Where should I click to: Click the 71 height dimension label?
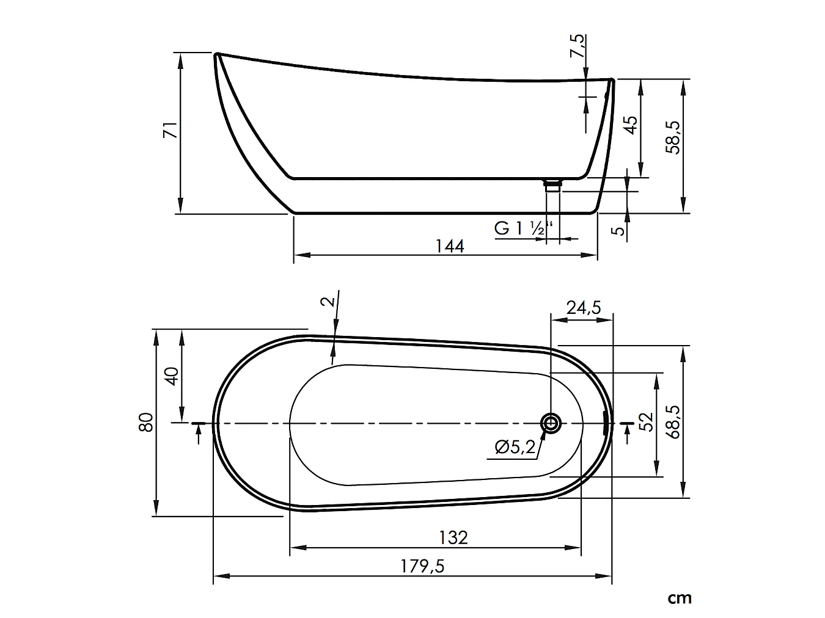tap(170, 130)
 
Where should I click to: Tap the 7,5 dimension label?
tap(577, 46)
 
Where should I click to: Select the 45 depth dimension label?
tap(631, 125)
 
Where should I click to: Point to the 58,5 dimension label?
tap(673, 137)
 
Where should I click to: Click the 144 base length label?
tap(450, 246)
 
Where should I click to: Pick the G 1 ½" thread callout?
tap(524, 228)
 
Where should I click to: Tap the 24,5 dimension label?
tap(584, 308)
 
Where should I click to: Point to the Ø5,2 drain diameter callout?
tap(515, 447)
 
